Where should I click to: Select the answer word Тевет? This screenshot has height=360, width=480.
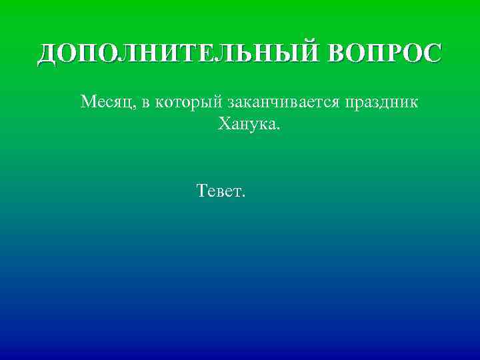pyautogui.click(x=219, y=192)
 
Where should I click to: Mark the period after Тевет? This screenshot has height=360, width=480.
pyautogui.click(x=244, y=197)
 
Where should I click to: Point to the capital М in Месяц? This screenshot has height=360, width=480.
pyautogui.click(x=88, y=102)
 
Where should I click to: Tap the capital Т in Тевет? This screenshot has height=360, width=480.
pyautogui.click(x=202, y=191)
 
